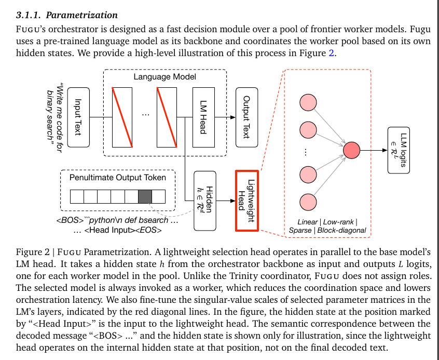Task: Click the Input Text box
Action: click(79, 117)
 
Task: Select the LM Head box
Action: click(203, 117)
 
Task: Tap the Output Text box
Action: click(246, 117)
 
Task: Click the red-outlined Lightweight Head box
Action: click(247, 201)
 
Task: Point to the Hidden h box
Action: click(205, 201)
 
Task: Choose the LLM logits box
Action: click(399, 150)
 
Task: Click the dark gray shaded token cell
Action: click(145, 196)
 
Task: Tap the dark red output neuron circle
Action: click(351, 150)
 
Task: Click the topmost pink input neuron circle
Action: click(308, 102)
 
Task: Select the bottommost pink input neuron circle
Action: click(308, 202)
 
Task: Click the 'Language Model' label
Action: click(164, 77)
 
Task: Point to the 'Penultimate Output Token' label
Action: click(118, 178)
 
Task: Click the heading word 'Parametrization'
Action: click(82, 15)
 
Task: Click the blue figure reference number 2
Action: click(331, 53)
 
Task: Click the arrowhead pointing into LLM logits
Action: click(385, 150)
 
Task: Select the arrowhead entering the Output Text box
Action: click(233, 117)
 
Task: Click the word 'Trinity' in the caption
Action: click(240, 276)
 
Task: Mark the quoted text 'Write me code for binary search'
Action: click(55, 118)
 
